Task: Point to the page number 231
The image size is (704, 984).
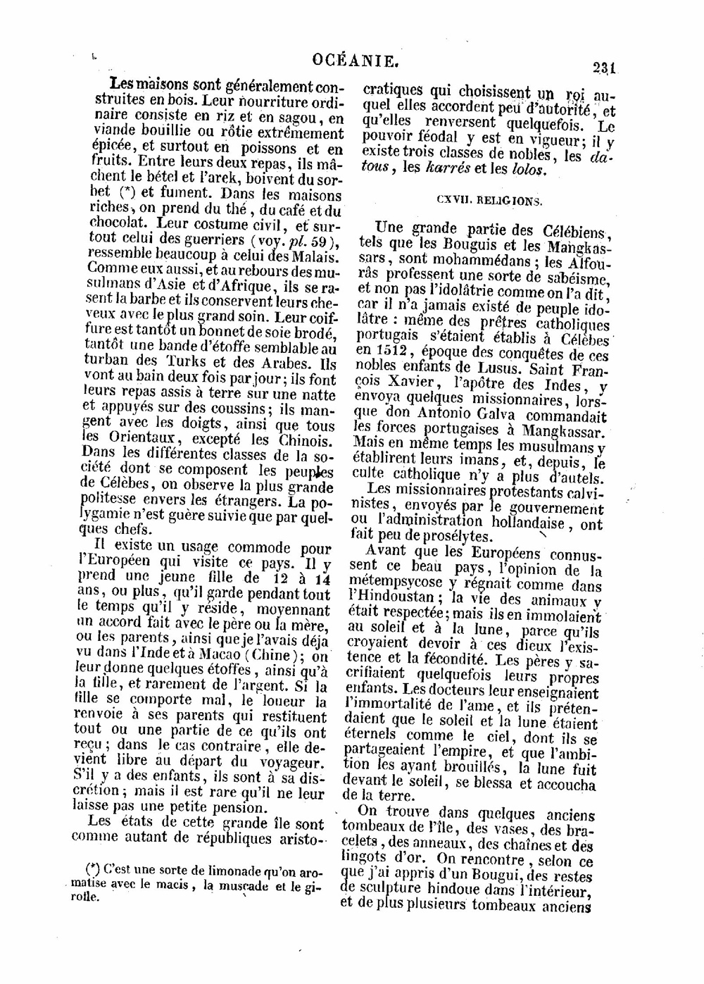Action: pyautogui.click(x=604, y=68)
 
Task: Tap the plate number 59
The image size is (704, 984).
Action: pyautogui.click(x=312, y=240)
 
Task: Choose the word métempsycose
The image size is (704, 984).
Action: pyautogui.click(x=396, y=583)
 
